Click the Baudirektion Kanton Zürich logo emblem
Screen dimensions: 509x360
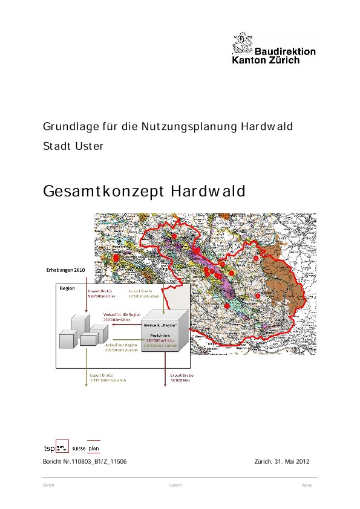click(243, 45)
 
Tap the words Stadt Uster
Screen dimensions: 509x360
click(73, 146)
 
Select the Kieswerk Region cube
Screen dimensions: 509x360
click(164, 329)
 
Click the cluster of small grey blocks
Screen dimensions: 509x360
click(83, 331)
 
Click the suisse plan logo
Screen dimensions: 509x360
click(87, 448)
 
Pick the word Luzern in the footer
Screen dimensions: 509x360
click(175, 485)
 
